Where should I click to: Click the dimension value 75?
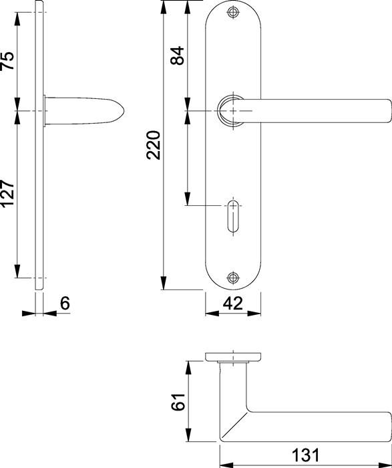click(x=8, y=61)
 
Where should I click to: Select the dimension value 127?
click(x=8, y=193)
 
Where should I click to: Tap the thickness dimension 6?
click(x=65, y=304)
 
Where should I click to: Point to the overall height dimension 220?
click(x=154, y=145)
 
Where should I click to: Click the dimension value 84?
click(x=178, y=55)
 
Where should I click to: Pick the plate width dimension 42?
click(x=233, y=304)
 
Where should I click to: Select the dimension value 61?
click(x=178, y=402)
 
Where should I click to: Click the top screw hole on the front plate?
click(x=233, y=12)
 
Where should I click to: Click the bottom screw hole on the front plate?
click(x=233, y=278)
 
